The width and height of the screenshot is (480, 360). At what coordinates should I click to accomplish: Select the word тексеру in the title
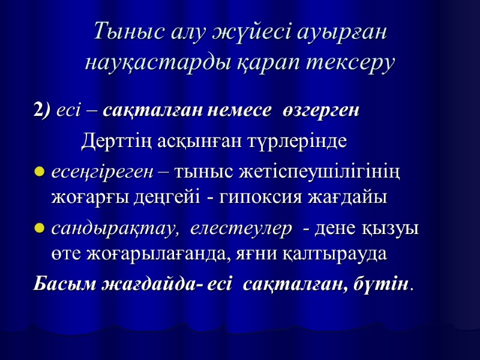coord(350,62)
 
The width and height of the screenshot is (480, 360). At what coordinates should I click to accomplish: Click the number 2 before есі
coord(38,112)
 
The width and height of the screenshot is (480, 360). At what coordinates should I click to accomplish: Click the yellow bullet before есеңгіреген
coord(40,173)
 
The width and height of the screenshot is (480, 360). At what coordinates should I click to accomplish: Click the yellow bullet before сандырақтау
coord(40,229)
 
